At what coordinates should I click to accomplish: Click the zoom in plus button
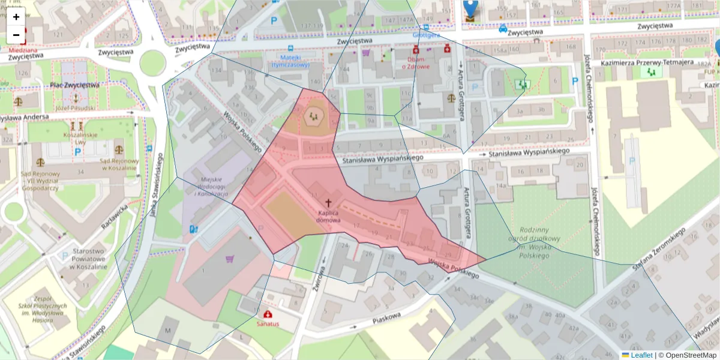16,17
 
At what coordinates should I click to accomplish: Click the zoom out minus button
16,35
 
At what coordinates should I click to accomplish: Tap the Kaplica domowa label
328,217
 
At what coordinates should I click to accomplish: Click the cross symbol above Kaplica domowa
328,204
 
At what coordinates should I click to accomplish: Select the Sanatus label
268,324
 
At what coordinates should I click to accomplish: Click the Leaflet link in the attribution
641,355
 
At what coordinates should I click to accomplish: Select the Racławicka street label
115,217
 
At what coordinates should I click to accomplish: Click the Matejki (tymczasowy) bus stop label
290,61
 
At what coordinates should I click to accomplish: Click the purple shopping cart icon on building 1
229,259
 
